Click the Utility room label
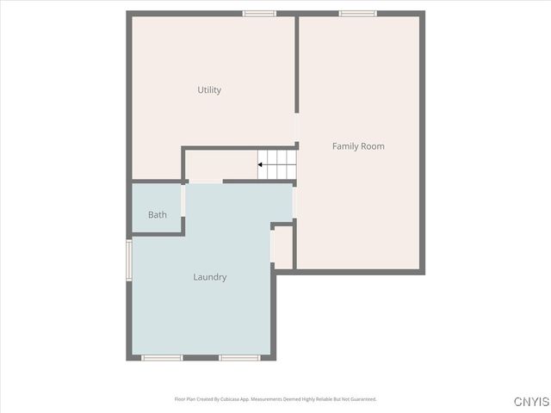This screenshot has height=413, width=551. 209,90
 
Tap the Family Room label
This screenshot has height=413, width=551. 358,146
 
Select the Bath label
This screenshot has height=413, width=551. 158,215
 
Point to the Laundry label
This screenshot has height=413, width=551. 209,277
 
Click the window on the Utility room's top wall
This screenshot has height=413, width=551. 259,14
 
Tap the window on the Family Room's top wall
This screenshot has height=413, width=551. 357,14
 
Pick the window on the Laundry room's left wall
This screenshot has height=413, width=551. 129,260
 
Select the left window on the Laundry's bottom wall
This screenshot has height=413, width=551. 162,357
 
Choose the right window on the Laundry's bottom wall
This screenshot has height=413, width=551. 239,357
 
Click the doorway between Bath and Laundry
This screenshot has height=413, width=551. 183,202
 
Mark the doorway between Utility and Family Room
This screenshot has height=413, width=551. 297,129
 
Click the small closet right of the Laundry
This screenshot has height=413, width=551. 283,247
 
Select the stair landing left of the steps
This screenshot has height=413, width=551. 220,165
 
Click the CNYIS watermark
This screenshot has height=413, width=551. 530,402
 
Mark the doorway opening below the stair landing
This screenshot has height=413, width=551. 205,182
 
